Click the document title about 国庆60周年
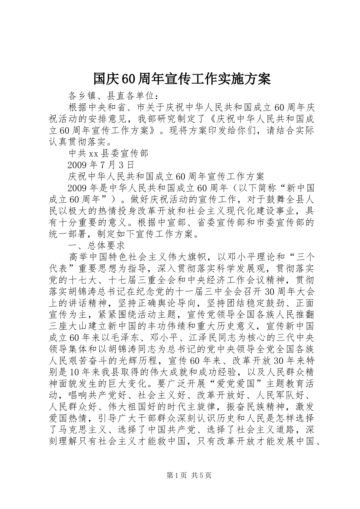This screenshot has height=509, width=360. pyautogui.click(x=182, y=79)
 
